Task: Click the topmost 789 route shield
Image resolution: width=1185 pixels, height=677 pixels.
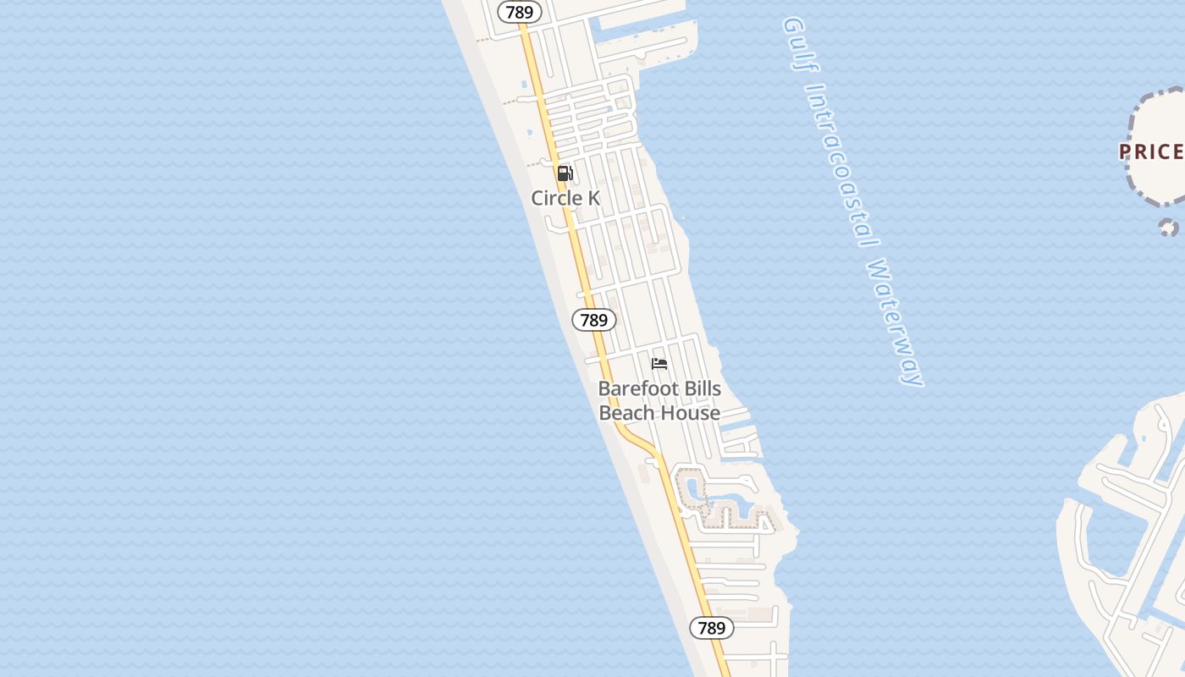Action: point(519,12)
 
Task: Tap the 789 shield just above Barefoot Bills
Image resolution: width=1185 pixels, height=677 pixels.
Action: point(594,320)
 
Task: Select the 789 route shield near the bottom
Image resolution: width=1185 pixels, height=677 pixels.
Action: point(712,628)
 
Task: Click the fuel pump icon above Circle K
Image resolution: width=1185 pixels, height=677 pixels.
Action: point(565,173)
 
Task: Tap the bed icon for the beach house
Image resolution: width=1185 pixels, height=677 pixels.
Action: point(659,364)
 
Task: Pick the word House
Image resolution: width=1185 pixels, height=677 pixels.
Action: point(690,413)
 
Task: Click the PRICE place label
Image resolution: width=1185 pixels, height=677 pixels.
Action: point(1151,152)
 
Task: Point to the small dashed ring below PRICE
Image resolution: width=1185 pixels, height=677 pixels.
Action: point(1168,227)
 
